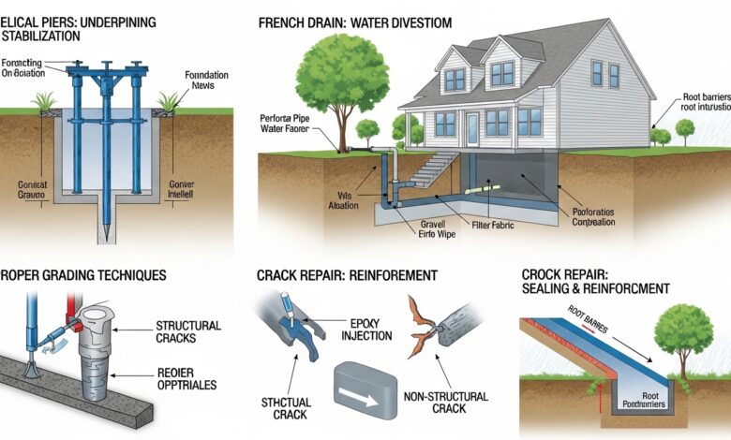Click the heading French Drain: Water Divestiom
click(354, 22)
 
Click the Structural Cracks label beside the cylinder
click(186, 332)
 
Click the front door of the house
click(472, 127)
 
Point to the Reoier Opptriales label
click(188, 379)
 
